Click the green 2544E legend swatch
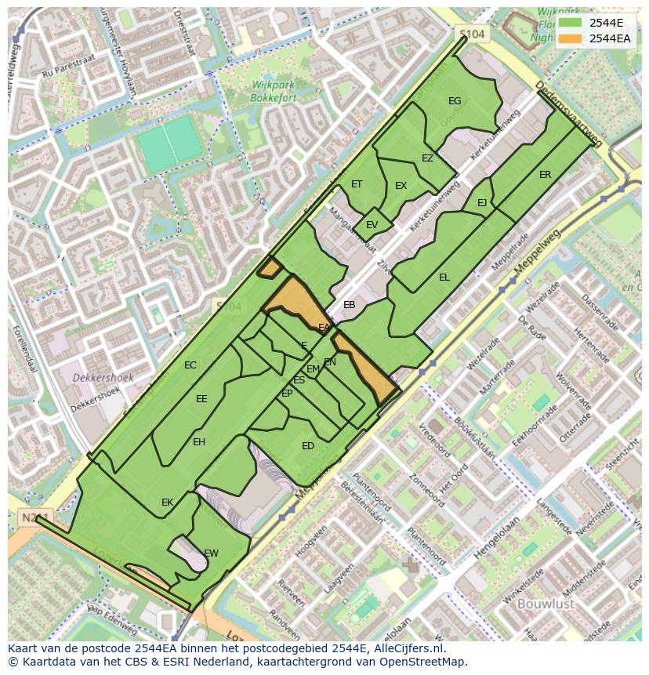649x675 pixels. [x=571, y=23]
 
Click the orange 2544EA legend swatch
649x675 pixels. [x=571, y=38]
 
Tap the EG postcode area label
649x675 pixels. [x=455, y=101]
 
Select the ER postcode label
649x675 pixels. [x=545, y=175]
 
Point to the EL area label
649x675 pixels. [x=444, y=278]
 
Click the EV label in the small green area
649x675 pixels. [x=372, y=225]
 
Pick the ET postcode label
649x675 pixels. [x=357, y=184]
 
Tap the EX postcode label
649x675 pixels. [x=401, y=186]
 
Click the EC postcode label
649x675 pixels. [x=190, y=365]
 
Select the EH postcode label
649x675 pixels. [x=199, y=442]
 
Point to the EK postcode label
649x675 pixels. [x=167, y=503]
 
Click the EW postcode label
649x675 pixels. [x=211, y=553]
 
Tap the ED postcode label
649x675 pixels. [x=308, y=446]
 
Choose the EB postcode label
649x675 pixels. [x=350, y=305]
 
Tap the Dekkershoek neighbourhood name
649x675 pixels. [x=103, y=377]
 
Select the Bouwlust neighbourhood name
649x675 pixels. [x=546, y=604]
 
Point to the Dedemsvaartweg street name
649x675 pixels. [x=567, y=114]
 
